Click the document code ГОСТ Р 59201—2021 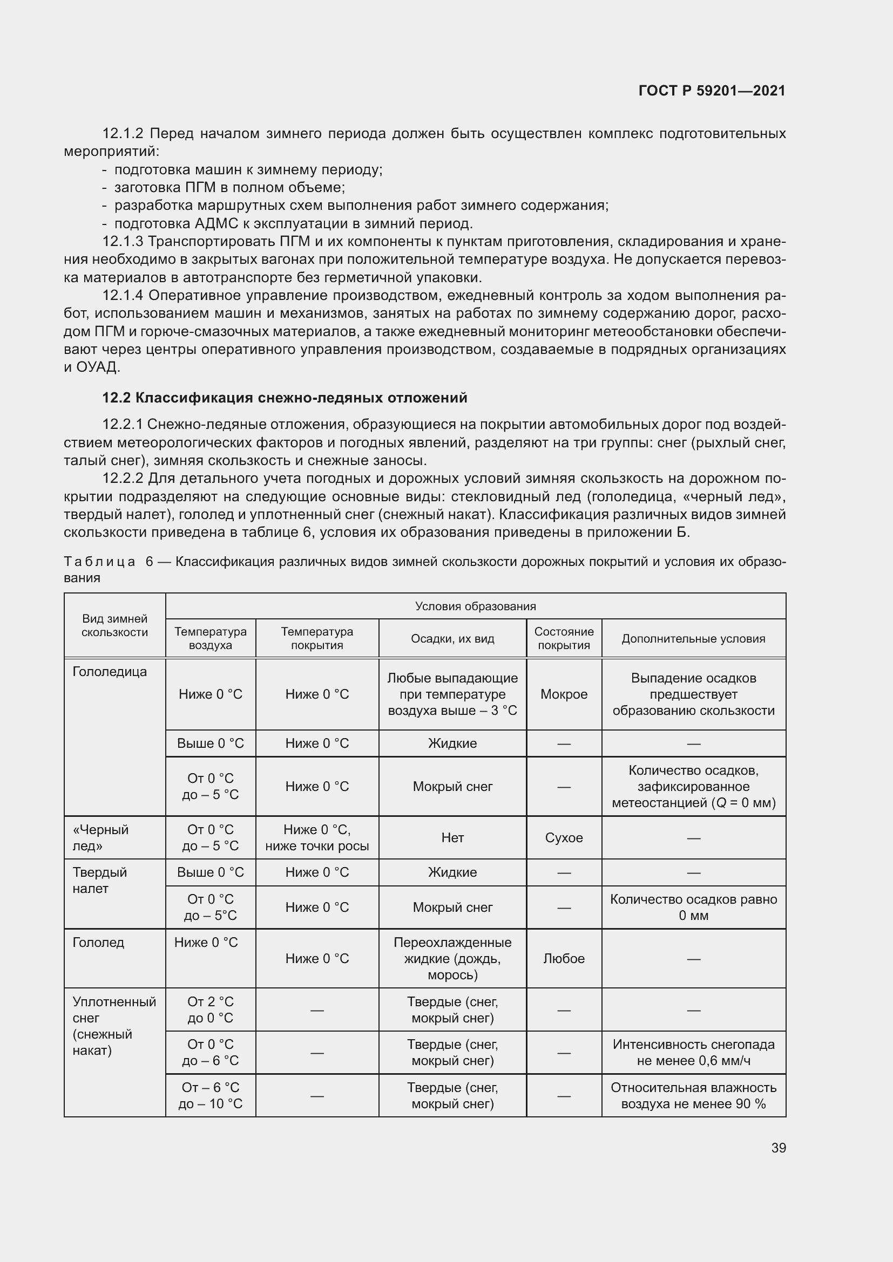coord(712,91)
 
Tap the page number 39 coord(778,1148)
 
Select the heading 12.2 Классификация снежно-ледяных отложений coord(285,398)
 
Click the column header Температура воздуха coord(210,638)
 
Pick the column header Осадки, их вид coord(452,638)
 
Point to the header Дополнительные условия coord(693,638)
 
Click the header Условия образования coord(475,606)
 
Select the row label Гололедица coord(110,671)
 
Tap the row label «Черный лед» coord(100,837)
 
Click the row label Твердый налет coord(99,880)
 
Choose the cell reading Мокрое coord(564,694)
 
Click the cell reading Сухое coord(564,837)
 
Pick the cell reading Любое coord(564,958)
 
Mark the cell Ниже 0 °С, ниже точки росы coord(317,837)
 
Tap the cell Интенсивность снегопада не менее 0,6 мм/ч coord(693,1052)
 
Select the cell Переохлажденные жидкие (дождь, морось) coord(452,958)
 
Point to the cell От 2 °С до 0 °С coord(210,1009)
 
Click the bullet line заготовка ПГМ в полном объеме coord(229,187)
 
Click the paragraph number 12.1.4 coord(123,296)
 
